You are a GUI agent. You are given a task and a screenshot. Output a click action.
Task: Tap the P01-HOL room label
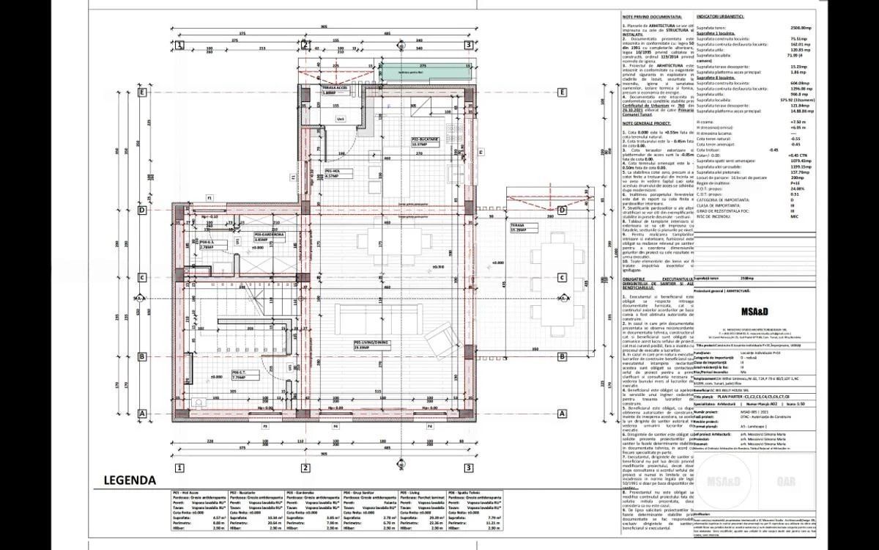tap(331, 172)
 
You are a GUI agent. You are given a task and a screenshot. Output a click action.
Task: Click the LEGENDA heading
tap(125, 501)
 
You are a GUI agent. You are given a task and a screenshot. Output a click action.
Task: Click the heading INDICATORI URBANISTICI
tap(720, 15)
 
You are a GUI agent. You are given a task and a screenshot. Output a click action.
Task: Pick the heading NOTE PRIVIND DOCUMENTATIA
tap(652, 15)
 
